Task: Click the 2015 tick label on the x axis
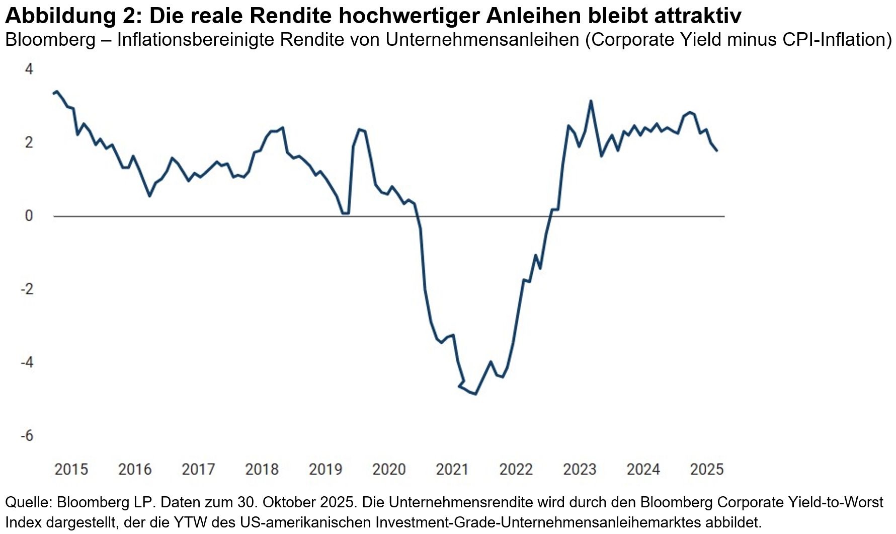click(71, 469)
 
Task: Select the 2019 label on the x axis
click(325, 469)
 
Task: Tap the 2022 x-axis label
click(516, 469)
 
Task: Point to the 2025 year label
click(706, 469)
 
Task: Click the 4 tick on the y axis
click(29, 69)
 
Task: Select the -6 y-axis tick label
click(27, 435)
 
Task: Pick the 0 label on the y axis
click(29, 215)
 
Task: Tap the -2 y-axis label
click(27, 289)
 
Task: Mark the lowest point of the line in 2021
click(475, 394)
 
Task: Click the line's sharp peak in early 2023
click(591, 101)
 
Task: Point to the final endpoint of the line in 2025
click(716, 150)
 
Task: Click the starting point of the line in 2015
click(54, 93)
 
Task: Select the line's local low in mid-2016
click(149, 195)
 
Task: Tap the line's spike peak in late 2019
click(359, 129)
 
